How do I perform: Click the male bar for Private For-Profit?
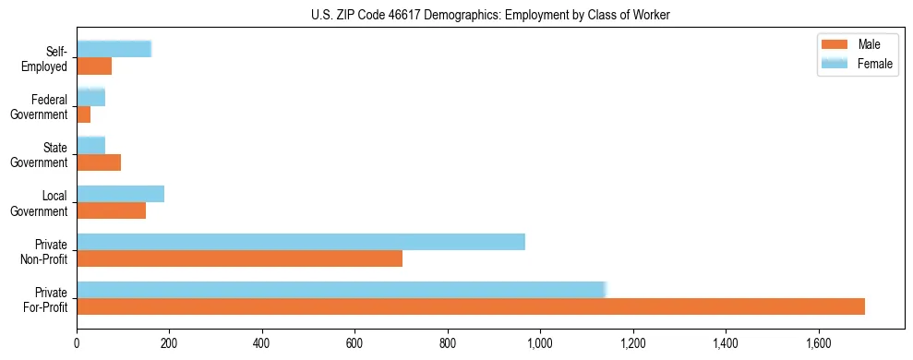click(471, 306)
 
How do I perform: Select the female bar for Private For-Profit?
click(341, 289)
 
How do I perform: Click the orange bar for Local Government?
click(111, 210)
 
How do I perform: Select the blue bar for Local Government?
click(120, 194)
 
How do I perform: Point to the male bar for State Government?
click(99, 162)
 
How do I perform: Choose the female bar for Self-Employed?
click(114, 50)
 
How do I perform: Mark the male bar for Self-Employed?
click(94, 66)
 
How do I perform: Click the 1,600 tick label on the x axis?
click(818, 343)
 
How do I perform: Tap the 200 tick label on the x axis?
click(169, 343)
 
